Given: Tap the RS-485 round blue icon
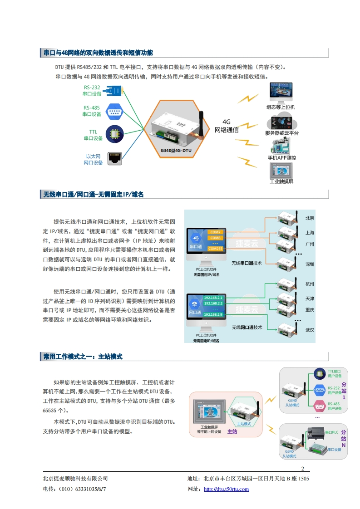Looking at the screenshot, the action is point(113,111).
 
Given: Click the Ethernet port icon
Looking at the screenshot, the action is point(114,159).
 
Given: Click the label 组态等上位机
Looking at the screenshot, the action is point(281,107).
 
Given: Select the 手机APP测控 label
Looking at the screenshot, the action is point(281,158).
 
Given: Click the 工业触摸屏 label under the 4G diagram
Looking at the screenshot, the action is point(281,181).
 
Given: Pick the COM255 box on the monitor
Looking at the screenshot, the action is point(215,249).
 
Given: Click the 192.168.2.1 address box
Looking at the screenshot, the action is point(213,298).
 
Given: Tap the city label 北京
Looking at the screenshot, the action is point(310,218).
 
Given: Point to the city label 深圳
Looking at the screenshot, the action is point(310,264).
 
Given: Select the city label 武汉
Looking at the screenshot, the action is point(310,330).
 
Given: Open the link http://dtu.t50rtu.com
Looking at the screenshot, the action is point(226,489).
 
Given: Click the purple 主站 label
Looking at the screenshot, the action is point(232,431).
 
